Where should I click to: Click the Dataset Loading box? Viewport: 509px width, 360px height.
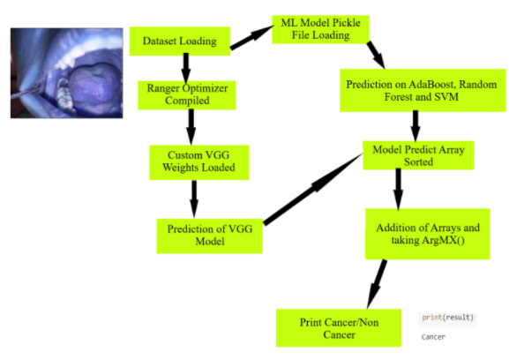tap(181, 40)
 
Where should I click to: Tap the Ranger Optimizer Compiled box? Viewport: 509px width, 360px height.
tap(186, 94)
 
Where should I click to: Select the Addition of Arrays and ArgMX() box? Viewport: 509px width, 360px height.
tap(427, 232)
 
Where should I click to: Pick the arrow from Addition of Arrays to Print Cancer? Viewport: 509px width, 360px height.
tap(377, 281)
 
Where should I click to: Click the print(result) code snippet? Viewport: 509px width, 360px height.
tap(448, 317)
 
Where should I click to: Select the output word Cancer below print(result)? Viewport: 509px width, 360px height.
tap(433, 336)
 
